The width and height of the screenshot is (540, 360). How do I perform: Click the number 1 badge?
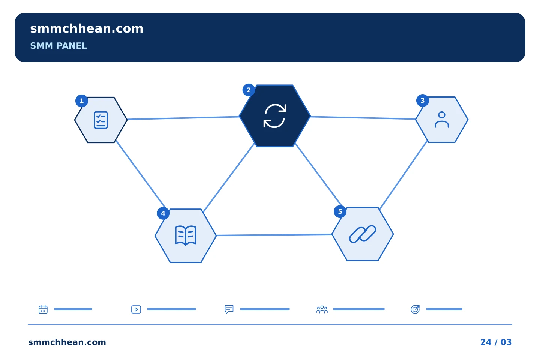[82, 101]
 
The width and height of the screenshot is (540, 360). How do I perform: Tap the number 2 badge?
[249, 90]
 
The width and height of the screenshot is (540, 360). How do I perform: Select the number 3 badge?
[422, 100]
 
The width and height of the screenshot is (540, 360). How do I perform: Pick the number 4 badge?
[163, 213]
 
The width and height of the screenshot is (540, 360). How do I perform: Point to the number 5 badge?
[340, 212]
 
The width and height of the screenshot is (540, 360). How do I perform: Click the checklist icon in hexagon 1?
[101, 120]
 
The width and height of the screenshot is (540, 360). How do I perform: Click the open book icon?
[185, 236]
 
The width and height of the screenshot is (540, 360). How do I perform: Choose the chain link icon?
[363, 234]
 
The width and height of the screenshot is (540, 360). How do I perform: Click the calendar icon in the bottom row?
[43, 309]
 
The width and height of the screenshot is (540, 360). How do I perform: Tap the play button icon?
[136, 309]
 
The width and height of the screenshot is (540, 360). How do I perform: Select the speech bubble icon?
[229, 309]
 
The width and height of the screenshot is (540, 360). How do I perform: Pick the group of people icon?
[322, 309]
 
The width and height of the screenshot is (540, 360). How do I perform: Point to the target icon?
[415, 309]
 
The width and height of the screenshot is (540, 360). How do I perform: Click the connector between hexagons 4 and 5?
[274, 235]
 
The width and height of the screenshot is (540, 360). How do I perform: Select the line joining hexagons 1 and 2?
[183, 118]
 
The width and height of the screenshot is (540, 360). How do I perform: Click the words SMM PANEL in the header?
[58, 46]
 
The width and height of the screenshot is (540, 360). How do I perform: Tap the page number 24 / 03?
[496, 342]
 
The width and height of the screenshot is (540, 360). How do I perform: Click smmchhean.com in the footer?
[67, 342]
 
